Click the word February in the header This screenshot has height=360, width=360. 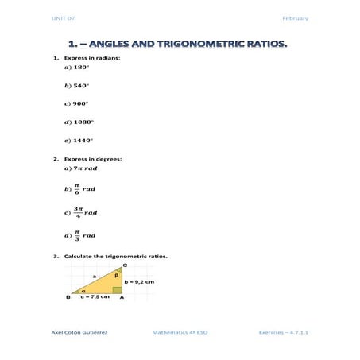pos(295,17)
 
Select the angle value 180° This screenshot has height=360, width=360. pos(80,68)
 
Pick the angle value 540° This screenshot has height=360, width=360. pos(80,86)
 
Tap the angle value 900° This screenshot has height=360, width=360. pos(80,103)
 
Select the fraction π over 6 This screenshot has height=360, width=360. pos(76,189)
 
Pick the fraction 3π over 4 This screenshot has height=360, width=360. pos(78,212)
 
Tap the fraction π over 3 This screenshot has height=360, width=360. pos(76,235)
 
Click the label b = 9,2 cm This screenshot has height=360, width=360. pos(139,281)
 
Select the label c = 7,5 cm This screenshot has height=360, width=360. pos(95,296)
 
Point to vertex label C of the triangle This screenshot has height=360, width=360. pos(123,265)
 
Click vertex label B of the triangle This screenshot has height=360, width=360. pos(68,297)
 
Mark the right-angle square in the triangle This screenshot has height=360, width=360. pos(116,288)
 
